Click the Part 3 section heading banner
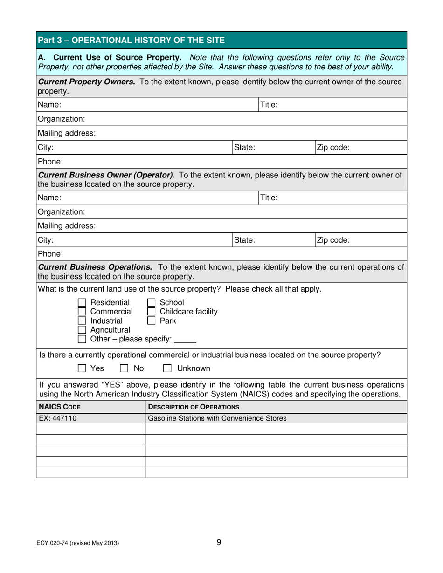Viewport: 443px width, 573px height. tap(221, 40)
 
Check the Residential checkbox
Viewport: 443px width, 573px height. tap(82, 303)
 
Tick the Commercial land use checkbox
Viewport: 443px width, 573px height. tap(82, 312)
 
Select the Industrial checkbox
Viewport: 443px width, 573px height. tap(82, 321)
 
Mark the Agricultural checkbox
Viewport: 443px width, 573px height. tap(82, 330)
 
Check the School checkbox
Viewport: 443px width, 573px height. tap(151, 303)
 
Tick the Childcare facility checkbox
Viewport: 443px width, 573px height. tap(151, 312)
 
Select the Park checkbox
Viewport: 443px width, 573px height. tap(151, 321)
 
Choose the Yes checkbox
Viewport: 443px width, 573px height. tap(82, 369)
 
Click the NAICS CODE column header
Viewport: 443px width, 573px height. tap(57, 407)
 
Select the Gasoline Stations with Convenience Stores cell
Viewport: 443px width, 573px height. tap(217, 418)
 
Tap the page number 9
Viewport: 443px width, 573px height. tap(219, 542)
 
